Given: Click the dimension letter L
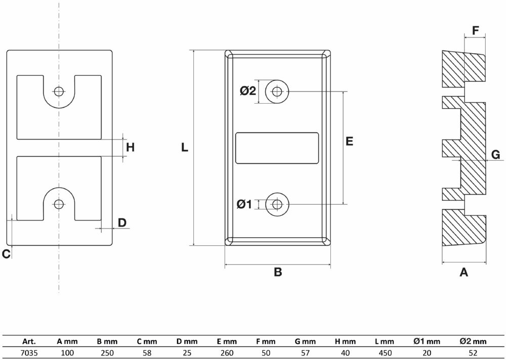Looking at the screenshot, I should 185,148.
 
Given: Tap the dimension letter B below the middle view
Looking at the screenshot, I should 278,273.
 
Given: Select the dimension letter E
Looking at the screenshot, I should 349,142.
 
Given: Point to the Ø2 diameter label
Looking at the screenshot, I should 248,91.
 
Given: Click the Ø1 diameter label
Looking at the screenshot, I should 244,204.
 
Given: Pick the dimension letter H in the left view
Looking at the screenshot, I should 131,148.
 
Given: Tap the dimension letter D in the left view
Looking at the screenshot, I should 122,222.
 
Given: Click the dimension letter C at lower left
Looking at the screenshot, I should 6,254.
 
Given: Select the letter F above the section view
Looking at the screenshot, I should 475,30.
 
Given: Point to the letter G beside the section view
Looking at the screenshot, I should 496,155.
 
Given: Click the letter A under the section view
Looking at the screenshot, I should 463,273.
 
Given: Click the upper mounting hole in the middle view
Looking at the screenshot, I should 277,92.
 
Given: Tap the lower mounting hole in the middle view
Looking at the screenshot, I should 277,204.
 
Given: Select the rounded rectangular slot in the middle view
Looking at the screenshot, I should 278,148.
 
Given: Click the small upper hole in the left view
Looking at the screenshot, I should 59,92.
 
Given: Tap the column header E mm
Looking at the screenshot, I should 227,342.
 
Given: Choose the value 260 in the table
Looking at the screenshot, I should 227,353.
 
